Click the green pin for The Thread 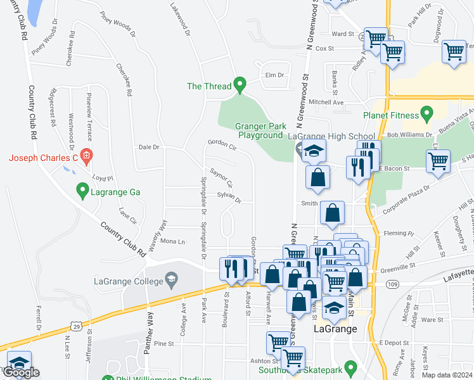(240, 84)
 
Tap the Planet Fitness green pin (426, 114)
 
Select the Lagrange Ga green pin (82, 189)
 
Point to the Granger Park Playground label (260, 130)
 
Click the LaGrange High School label (331, 136)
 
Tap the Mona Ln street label (172, 241)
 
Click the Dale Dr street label (149, 147)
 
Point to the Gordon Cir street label (222, 146)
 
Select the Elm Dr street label (274, 75)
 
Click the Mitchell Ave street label (326, 102)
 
